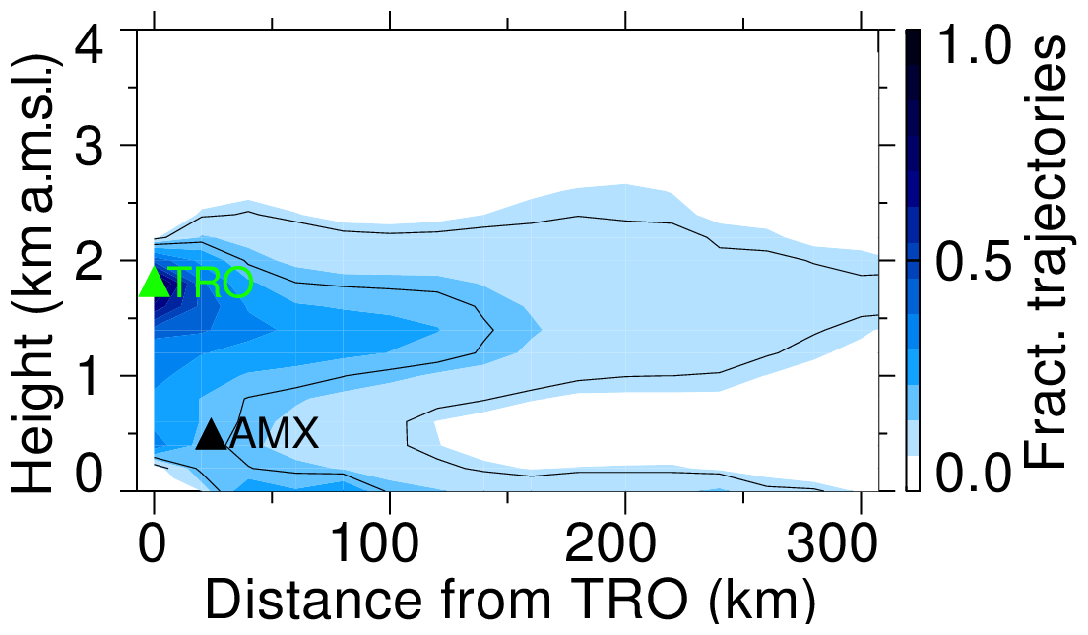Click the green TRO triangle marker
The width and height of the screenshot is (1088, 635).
pos(154,284)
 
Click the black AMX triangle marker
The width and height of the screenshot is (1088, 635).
pos(212,434)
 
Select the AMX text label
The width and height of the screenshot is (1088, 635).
pos(274,434)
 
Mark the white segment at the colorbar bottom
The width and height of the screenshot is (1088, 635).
pos(913,473)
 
